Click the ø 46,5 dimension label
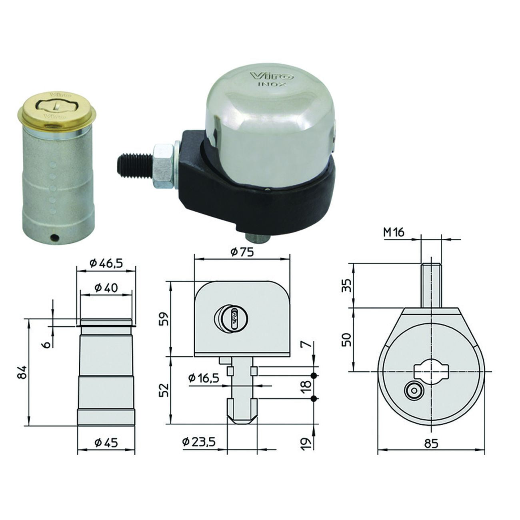106,263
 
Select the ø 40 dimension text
106,288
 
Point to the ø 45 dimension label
106,442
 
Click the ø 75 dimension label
242,252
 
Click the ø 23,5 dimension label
199,442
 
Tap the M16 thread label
394,232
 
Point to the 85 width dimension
431,443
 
